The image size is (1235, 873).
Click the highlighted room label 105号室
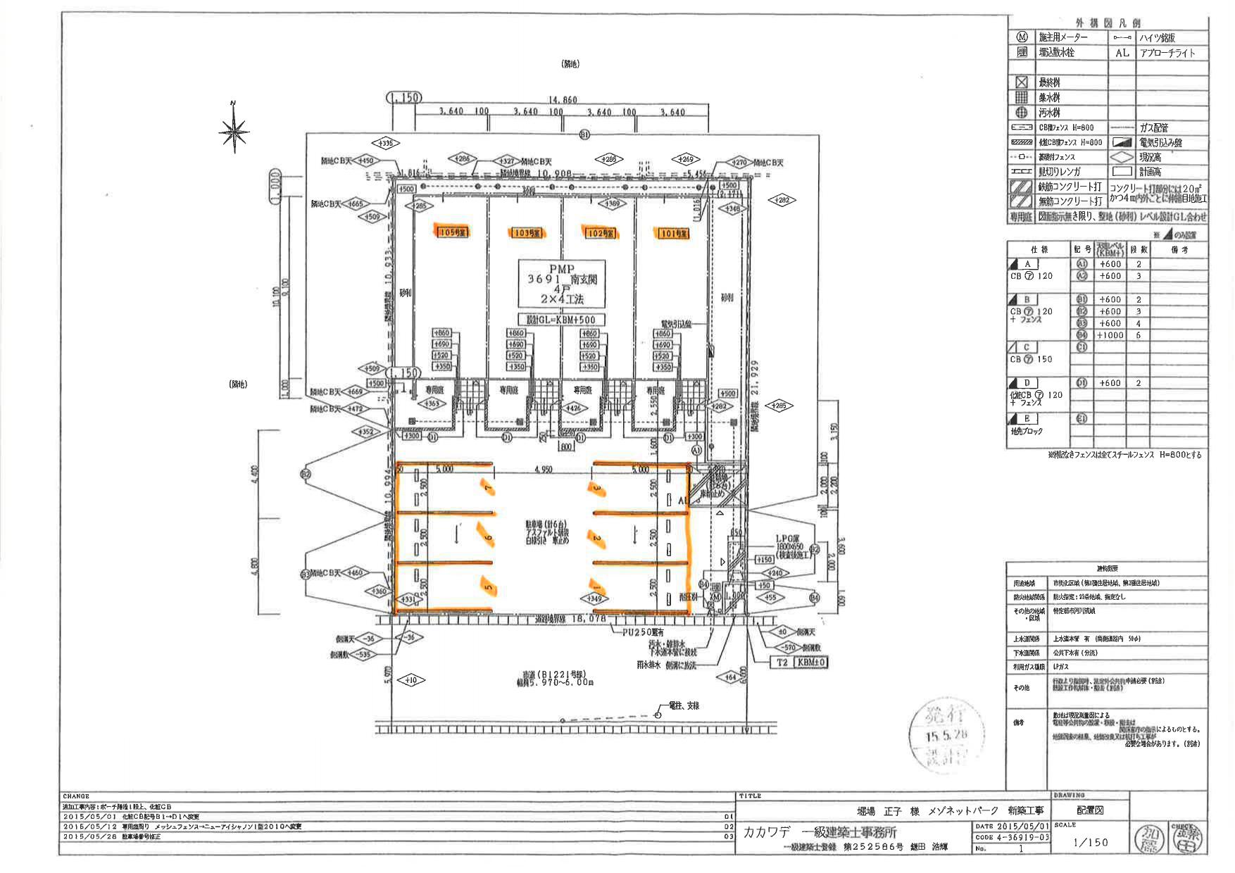(x=452, y=232)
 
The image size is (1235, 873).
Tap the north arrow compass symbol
(x=234, y=130)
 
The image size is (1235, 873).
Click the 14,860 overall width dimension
(x=562, y=100)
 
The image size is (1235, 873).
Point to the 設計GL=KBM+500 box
(x=561, y=319)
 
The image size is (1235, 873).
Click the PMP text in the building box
(x=561, y=269)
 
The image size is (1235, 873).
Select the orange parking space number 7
(x=486, y=486)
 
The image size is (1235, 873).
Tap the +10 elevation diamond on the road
(x=411, y=680)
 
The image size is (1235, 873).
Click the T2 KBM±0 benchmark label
(x=801, y=662)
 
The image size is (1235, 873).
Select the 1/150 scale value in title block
(x=1090, y=842)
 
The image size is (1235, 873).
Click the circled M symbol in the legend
(x=1022, y=37)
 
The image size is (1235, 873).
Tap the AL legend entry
(x=1122, y=53)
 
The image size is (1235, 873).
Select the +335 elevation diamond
(x=385, y=144)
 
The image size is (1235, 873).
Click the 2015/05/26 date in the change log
(x=83, y=836)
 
